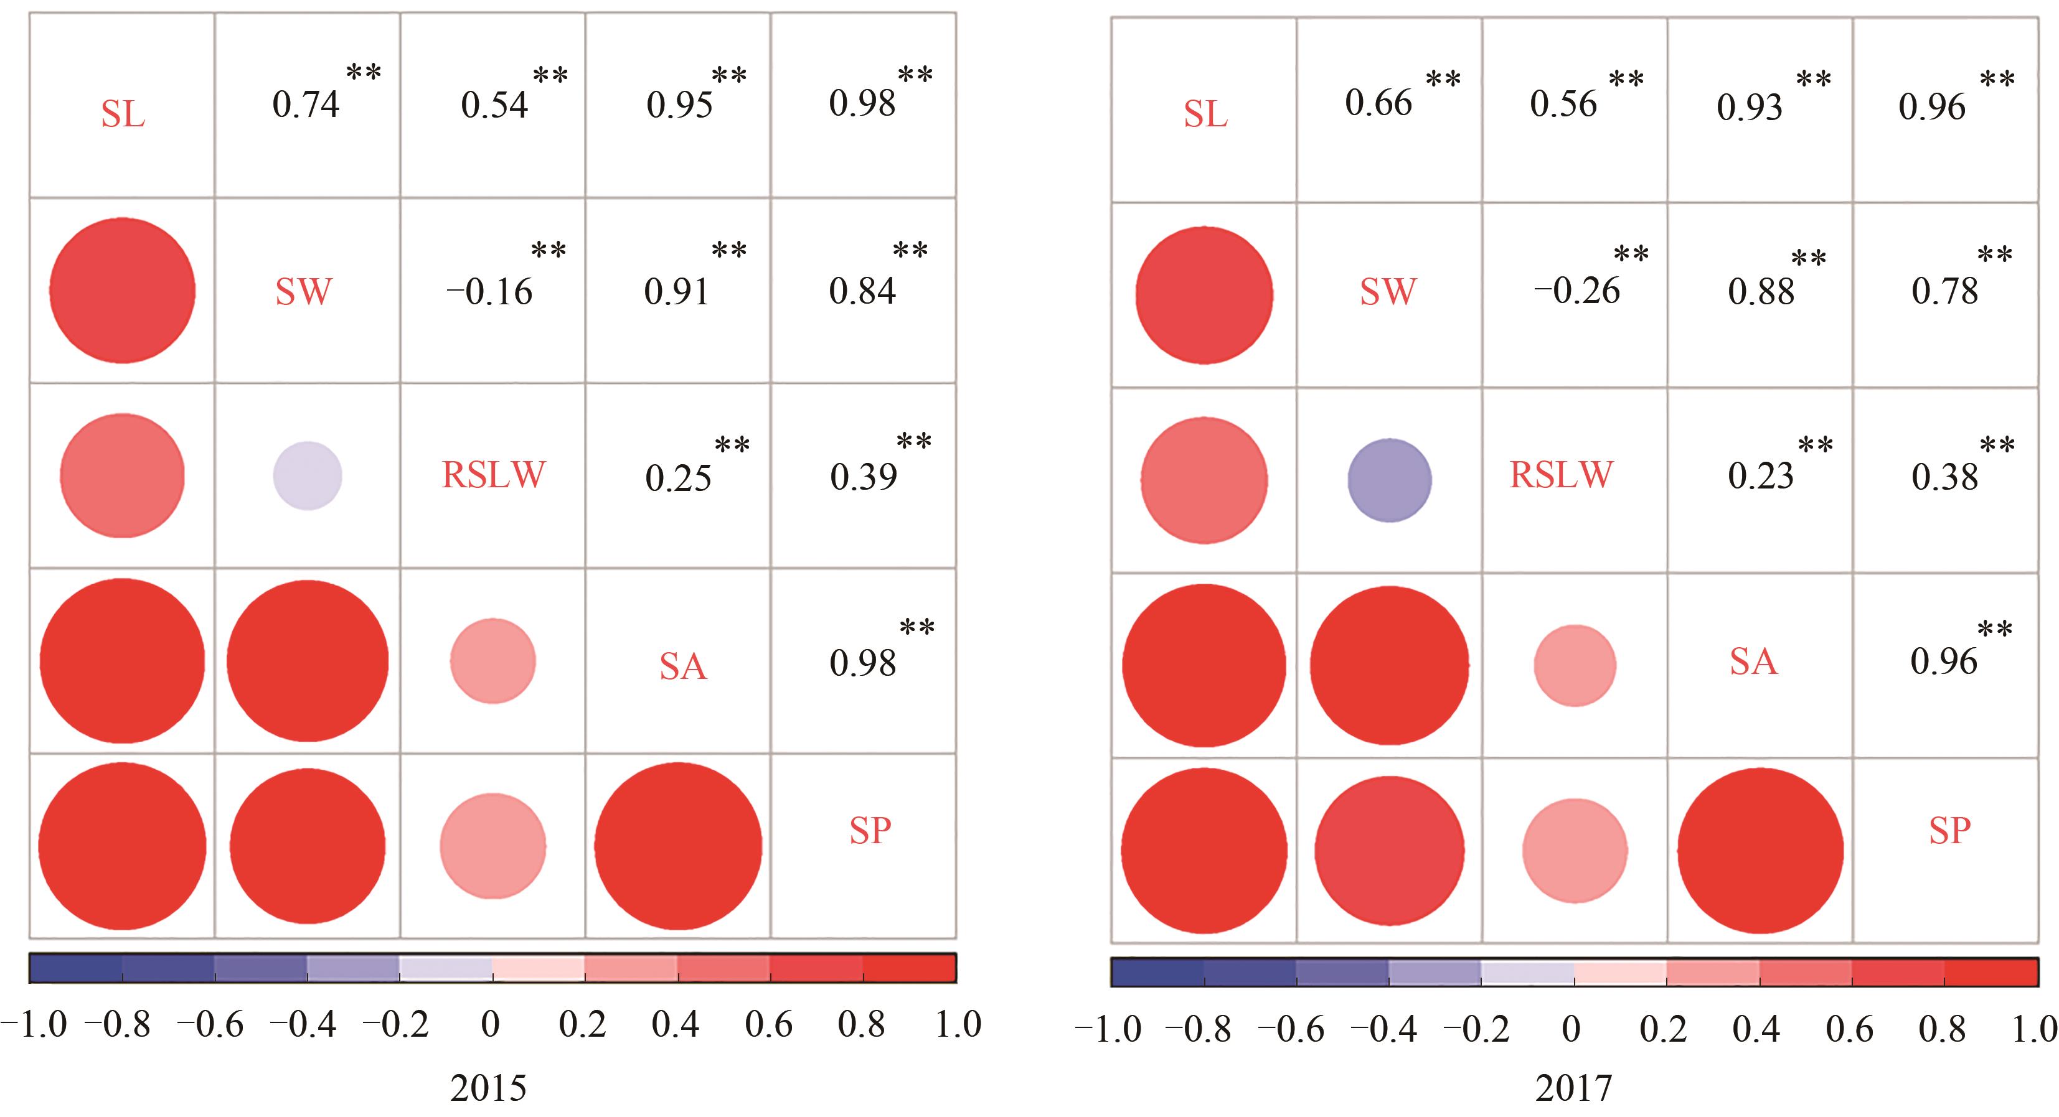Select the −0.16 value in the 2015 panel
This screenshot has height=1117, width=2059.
pyautogui.click(x=489, y=292)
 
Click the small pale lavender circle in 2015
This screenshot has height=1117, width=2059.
pyautogui.click(x=308, y=475)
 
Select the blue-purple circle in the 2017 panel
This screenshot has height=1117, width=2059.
pyautogui.click(x=1389, y=480)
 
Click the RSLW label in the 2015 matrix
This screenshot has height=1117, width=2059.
pyautogui.click(x=493, y=475)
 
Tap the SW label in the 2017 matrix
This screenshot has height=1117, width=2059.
pyautogui.click(x=1388, y=292)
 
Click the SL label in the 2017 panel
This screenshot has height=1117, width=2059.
pyautogui.click(x=1205, y=115)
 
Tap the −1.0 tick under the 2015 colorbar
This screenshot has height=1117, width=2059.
pyautogui.click(x=34, y=1025)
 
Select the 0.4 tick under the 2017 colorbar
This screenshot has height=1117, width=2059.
pyautogui.click(x=1756, y=1029)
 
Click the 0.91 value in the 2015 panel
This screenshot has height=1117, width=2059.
pyautogui.click(x=676, y=292)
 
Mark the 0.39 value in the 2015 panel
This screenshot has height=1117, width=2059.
pyautogui.click(x=863, y=477)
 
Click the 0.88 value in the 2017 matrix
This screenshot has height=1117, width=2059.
pyautogui.click(x=1761, y=292)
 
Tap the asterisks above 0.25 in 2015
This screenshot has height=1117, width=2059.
pyautogui.click(x=732, y=445)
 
